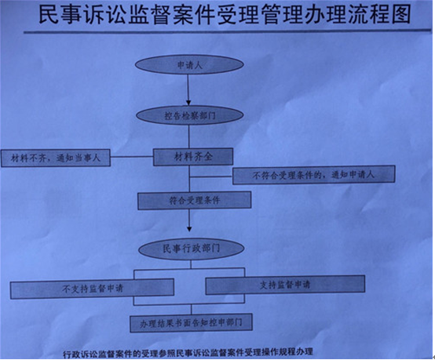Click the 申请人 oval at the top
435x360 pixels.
point(189,64)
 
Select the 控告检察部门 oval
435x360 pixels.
point(190,115)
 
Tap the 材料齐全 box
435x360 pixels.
point(193,157)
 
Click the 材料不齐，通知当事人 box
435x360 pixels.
point(56,158)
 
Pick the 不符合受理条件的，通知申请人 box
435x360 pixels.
point(314,175)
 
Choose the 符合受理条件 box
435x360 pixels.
point(195,200)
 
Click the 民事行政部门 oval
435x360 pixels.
point(191,249)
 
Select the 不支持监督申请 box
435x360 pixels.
point(92,289)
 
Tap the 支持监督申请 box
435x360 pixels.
point(285,285)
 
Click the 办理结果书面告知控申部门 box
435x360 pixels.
point(191,322)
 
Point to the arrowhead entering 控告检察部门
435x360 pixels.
point(188,103)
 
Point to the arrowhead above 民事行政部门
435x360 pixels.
point(189,229)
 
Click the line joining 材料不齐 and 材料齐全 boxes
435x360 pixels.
point(132,157)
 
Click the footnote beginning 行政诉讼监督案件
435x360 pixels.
point(188,353)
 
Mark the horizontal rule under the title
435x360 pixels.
point(228,31)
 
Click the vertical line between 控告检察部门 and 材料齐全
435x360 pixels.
point(189,136)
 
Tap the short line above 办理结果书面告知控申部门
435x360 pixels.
point(191,309)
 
